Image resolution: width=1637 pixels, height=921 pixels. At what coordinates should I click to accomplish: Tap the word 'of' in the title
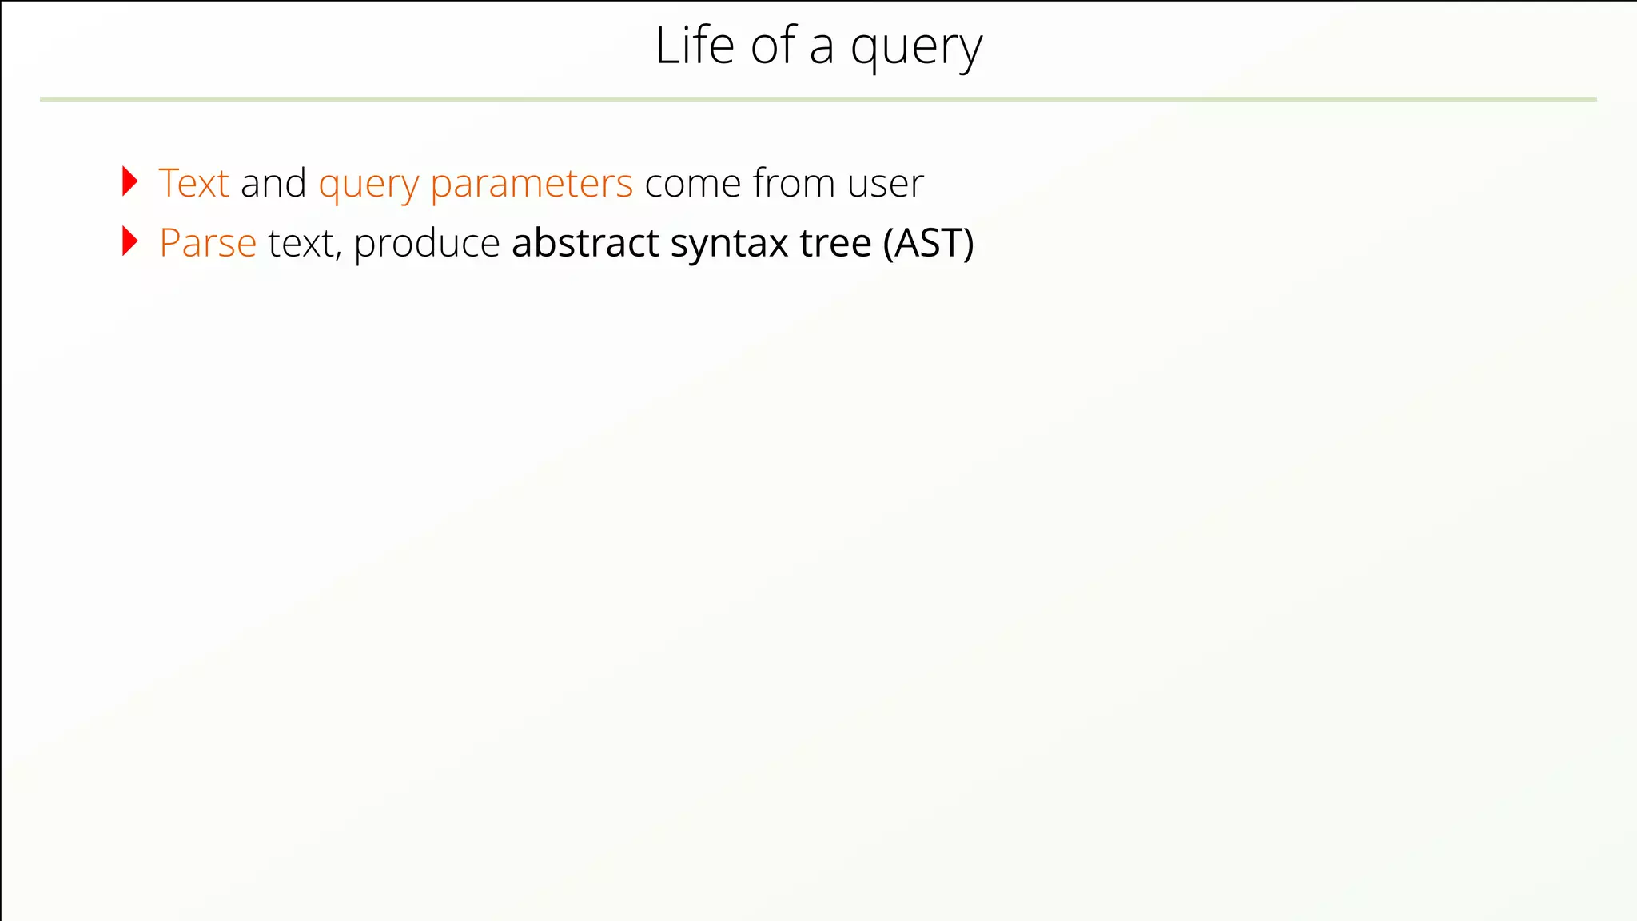click(773, 46)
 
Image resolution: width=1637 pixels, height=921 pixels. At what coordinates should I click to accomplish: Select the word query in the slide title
click(916, 50)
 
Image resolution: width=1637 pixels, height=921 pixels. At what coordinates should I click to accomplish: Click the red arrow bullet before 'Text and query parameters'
click(129, 181)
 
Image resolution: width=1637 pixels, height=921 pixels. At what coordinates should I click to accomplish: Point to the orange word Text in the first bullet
click(194, 183)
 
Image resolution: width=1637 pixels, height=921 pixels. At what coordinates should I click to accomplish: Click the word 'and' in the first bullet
click(273, 183)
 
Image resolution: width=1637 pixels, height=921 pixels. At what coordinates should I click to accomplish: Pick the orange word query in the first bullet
click(368, 185)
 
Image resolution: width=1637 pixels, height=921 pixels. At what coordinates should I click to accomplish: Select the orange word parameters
click(532, 185)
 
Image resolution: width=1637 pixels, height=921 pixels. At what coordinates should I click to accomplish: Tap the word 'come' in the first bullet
click(693, 184)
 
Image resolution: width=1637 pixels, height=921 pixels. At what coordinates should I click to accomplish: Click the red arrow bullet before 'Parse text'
click(129, 241)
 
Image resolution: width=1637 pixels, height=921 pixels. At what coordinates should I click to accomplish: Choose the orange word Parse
click(208, 243)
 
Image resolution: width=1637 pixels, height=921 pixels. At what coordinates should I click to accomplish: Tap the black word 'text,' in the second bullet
click(305, 244)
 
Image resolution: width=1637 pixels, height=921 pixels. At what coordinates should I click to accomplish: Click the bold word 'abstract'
click(585, 243)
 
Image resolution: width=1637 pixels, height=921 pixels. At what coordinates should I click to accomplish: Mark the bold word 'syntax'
click(729, 245)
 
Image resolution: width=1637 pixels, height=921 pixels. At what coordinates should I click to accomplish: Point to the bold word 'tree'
click(835, 243)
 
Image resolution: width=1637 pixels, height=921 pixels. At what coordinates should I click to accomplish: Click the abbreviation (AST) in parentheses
click(929, 244)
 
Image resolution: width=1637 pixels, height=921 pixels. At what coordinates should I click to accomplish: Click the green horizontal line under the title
click(818, 99)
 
